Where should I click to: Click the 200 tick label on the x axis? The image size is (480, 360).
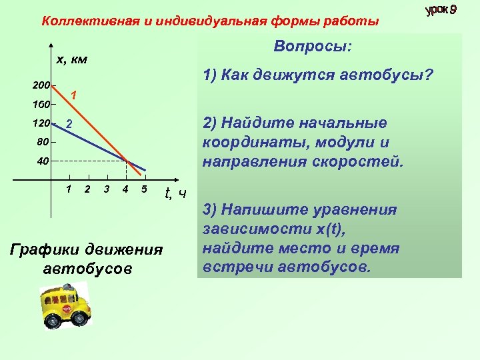41,86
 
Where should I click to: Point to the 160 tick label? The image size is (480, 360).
41,105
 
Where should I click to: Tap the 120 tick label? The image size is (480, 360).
41,123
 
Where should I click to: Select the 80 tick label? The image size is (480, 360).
43,141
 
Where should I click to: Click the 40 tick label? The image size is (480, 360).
43,161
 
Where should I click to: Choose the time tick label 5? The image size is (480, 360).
144,189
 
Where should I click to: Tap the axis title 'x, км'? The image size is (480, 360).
71,59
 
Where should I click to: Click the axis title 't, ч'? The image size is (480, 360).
175,194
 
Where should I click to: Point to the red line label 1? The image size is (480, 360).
75,95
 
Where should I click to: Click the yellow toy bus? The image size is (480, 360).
65,306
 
